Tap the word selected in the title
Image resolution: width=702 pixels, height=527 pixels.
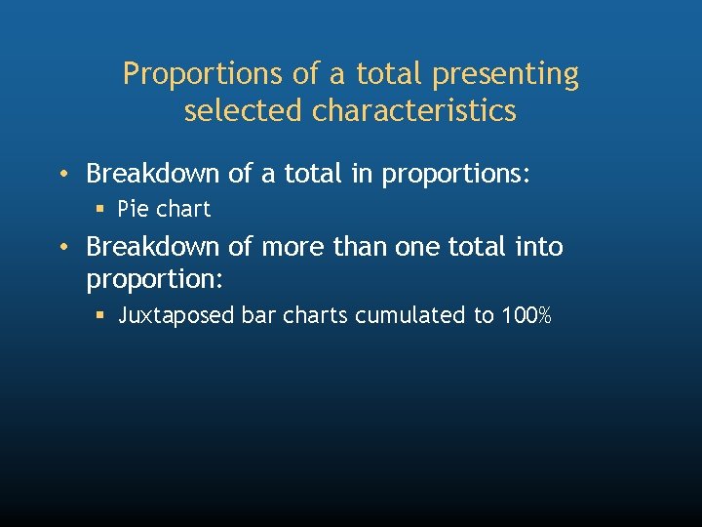(x=245, y=111)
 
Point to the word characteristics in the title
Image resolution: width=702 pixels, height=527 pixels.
(x=414, y=111)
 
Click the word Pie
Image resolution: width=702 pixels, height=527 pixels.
(x=134, y=209)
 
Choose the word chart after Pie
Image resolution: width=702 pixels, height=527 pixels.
(x=184, y=209)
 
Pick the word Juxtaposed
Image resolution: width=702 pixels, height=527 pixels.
(x=174, y=316)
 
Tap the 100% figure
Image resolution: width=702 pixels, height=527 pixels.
(x=526, y=316)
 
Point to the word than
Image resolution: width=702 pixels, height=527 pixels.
(x=362, y=247)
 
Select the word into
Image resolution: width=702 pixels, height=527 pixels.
(x=541, y=247)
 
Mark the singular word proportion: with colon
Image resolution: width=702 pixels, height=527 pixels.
(x=156, y=280)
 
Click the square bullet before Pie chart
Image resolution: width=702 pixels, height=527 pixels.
(x=99, y=209)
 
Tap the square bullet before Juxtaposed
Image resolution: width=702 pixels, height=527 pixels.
(x=99, y=316)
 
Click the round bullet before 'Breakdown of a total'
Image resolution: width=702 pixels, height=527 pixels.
(x=62, y=175)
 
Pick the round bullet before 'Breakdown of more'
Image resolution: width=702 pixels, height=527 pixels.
(x=62, y=247)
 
